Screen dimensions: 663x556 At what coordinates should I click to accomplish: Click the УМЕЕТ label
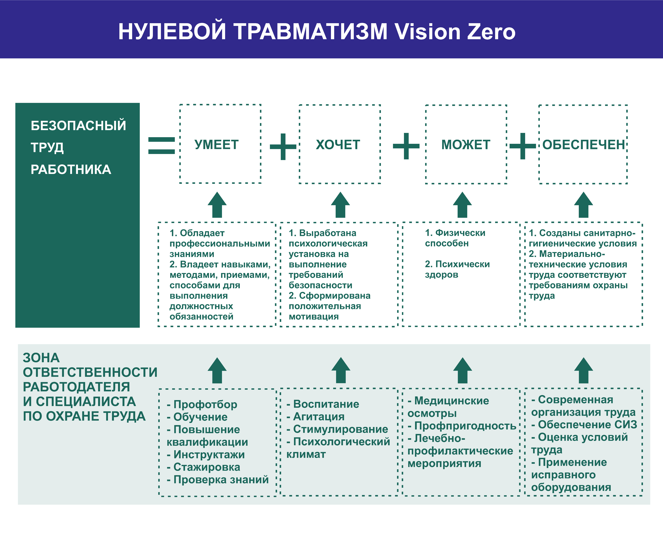pyautogui.click(x=217, y=145)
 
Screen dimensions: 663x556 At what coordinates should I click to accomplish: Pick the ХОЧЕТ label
pyautogui.click(x=338, y=145)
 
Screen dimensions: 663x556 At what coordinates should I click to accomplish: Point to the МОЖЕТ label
pyautogui.click(x=466, y=145)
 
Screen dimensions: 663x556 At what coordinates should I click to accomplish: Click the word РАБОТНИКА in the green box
pyautogui.click(x=71, y=170)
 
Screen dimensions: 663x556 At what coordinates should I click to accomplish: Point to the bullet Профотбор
pyautogui.click(x=202, y=404)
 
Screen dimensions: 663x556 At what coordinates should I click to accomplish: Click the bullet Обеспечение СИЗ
pyautogui.click(x=584, y=425)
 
